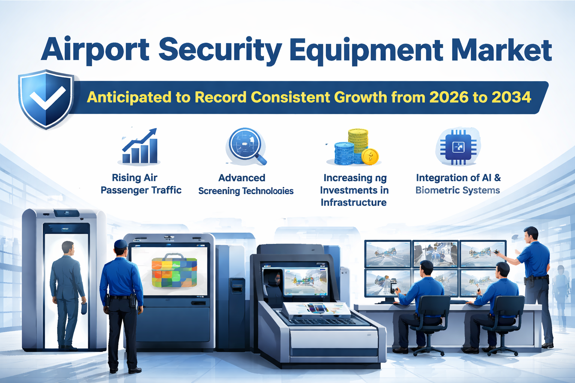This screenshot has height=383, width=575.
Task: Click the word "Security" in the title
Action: pyautogui.click(x=220, y=50)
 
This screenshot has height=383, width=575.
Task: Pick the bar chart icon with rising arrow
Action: pyautogui.click(x=140, y=146)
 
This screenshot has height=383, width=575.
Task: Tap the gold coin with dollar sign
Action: pyautogui.click(x=370, y=156)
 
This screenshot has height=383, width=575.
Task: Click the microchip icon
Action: pyautogui.click(x=458, y=147)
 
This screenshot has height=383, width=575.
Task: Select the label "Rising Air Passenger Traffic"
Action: pyautogui.click(x=141, y=184)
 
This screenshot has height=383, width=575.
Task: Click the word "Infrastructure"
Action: pyautogui.click(x=353, y=202)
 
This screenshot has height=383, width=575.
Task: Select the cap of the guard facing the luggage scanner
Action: pyautogui.click(x=120, y=244)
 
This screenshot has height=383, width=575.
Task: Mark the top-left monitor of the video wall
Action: pyautogui.click(x=387, y=254)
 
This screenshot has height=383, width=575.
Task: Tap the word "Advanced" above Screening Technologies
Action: pyautogui.click(x=242, y=178)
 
